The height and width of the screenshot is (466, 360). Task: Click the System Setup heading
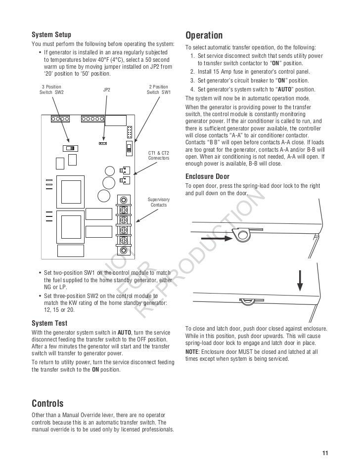pyautogui.click(x=51, y=35)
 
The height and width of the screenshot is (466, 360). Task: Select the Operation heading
pyautogui.click(x=204, y=36)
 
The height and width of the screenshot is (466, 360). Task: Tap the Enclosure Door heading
pyautogui.click(x=207, y=176)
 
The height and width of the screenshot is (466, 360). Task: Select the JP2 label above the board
pyautogui.click(x=106, y=90)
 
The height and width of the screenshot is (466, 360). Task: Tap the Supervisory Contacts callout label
pyautogui.click(x=159, y=202)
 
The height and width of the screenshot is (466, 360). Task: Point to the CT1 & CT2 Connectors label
pyautogui.click(x=159, y=155)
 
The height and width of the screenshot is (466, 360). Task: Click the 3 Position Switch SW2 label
pyautogui.click(x=51, y=89)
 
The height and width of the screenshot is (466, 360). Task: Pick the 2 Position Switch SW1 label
pyautogui.click(x=159, y=89)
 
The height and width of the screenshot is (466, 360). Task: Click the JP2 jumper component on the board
pyautogui.click(x=103, y=143)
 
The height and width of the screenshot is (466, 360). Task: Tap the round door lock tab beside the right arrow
pyautogui.click(x=242, y=234)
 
